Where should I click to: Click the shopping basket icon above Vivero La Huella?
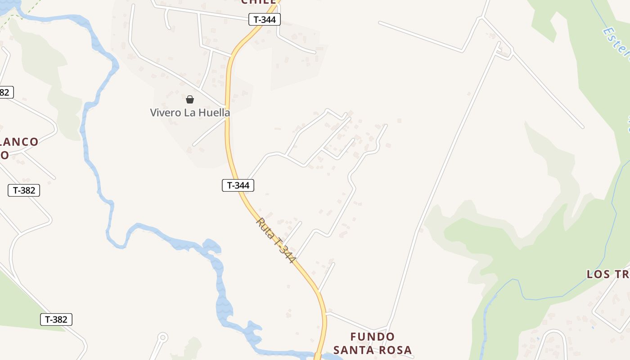pos(190,99)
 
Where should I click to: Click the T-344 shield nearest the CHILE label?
pos(265,19)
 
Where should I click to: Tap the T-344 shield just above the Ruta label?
pos(238,185)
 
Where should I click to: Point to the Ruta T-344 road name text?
pos(276,240)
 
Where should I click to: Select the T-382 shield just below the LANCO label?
pos(24,190)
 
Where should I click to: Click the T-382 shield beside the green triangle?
pos(56,319)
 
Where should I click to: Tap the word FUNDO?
pos(373,337)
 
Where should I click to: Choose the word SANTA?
pos(353,350)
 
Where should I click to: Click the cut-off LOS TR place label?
pos(607,274)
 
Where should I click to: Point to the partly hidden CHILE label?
pos(258,2)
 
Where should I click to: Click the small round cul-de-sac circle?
pos(162,337)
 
